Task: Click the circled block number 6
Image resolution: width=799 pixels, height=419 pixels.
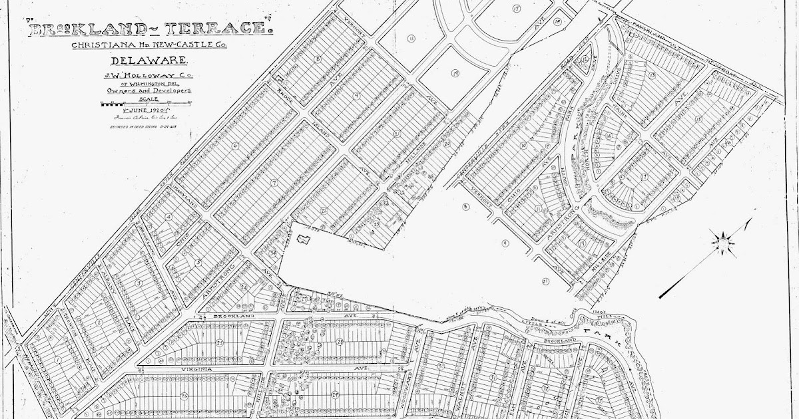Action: pos(234,145)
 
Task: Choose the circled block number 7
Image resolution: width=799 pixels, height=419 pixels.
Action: pos(274,182)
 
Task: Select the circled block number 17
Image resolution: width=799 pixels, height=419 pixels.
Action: pos(516,8)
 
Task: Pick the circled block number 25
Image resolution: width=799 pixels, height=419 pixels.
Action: pos(219,343)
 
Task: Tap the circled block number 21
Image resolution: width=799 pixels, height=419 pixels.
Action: pos(545,281)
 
